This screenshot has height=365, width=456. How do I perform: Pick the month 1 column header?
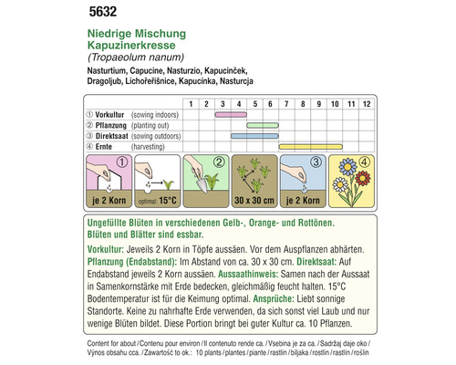(191, 104)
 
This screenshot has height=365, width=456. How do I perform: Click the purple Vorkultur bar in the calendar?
(224, 115)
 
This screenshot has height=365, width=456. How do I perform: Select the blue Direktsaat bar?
(263, 135)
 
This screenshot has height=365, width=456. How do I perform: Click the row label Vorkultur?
(106, 115)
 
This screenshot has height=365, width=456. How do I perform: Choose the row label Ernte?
(102, 146)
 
